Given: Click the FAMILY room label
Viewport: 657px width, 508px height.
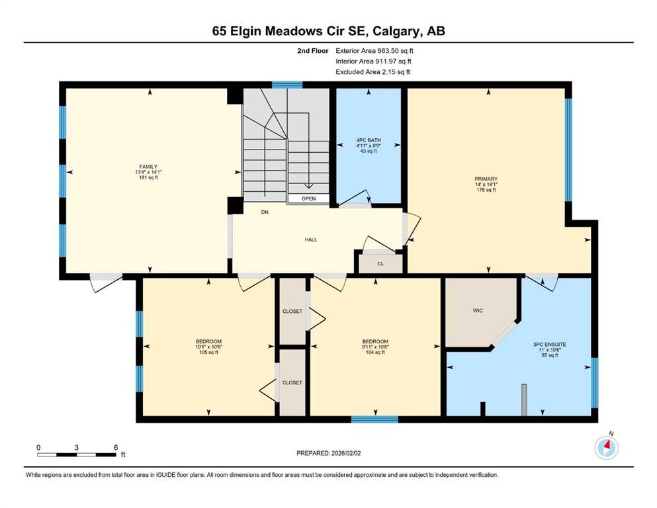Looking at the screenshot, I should click(x=148, y=167).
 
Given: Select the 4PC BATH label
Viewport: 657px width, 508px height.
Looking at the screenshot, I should click(x=369, y=140).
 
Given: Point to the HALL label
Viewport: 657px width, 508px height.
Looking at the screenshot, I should click(x=310, y=239).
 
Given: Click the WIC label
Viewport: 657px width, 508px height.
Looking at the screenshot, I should click(x=478, y=310).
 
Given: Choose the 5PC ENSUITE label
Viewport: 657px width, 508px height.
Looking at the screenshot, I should click(x=549, y=345).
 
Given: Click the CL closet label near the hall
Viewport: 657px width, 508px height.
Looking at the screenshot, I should click(x=380, y=263).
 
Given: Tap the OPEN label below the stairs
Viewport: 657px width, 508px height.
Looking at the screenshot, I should click(x=308, y=198).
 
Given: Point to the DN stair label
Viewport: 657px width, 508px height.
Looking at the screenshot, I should click(x=264, y=213).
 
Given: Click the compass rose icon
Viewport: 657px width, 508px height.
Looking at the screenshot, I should click(x=606, y=448).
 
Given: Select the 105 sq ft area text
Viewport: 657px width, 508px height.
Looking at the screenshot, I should click(x=208, y=353).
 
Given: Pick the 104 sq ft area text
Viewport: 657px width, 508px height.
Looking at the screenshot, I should click(x=375, y=353).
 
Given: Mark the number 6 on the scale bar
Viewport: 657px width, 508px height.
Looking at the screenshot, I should click(x=115, y=447).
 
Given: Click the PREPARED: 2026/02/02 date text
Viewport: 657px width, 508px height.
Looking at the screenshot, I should click(x=329, y=453).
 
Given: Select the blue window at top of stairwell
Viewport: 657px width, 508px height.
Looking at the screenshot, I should click(x=287, y=85).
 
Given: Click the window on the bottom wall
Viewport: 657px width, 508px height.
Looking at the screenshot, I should click(x=374, y=419).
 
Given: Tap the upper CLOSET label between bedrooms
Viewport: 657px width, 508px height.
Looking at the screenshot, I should click(x=292, y=311).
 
